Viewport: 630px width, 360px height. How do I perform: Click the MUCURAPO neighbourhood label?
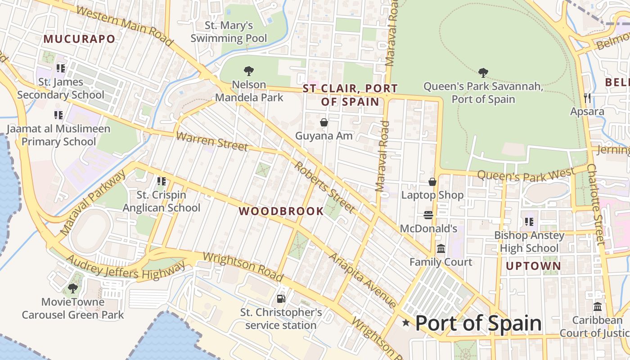point(79,39)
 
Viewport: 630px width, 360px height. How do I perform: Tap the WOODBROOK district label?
point(281,211)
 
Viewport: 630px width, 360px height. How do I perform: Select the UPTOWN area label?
point(534,266)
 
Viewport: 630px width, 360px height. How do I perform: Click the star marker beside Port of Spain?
point(406,322)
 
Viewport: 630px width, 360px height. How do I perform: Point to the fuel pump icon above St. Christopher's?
point(281,298)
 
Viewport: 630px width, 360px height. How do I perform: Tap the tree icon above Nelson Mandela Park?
point(248,71)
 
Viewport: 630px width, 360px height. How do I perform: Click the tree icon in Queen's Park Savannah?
point(483,72)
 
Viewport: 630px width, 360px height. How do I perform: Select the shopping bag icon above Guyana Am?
point(324,122)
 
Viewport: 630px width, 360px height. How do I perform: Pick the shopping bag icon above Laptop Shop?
point(432,182)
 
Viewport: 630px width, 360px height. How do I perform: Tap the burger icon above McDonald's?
point(428,215)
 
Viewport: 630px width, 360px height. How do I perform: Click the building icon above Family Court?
point(441,248)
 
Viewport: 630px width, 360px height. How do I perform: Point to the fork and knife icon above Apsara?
point(587,98)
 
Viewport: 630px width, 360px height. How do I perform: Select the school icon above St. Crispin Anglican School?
point(162,181)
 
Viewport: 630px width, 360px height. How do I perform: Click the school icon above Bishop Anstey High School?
point(529,222)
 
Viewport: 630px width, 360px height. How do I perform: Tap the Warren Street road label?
point(211,141)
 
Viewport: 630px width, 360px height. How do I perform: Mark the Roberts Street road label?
point(324,187)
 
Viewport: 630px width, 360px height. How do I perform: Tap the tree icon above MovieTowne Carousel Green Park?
point(72,288)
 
